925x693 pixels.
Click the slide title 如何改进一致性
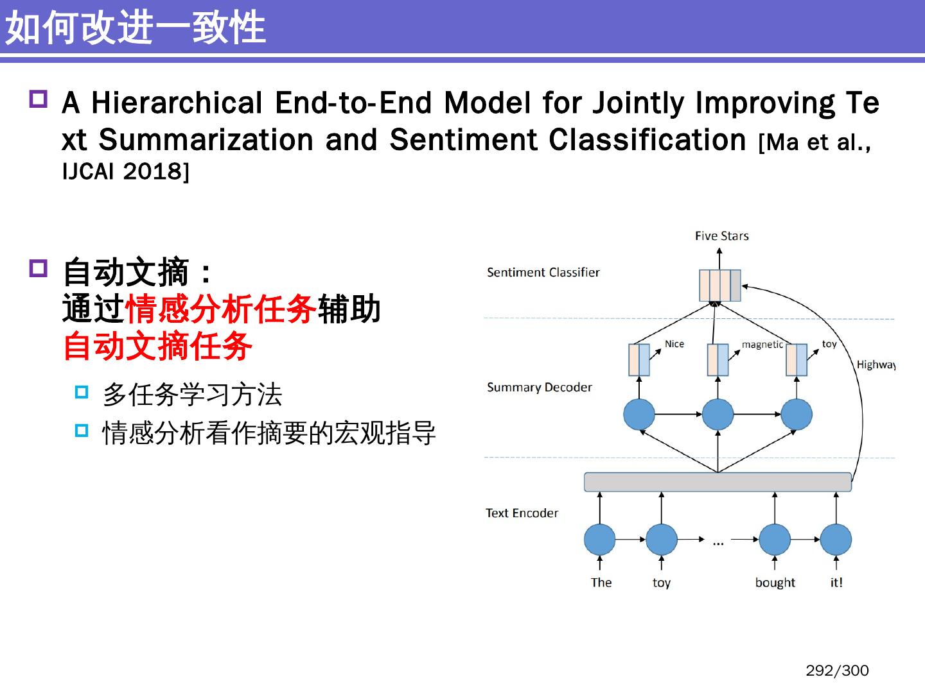pos(136,28)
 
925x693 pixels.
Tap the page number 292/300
pos(836,671)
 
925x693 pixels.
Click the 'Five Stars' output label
pos(721,236)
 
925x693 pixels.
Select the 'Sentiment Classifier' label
pos(543,273)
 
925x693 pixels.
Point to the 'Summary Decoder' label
pos(539,388)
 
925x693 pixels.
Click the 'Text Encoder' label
pos(522,513)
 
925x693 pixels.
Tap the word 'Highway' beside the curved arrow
pos(876,364)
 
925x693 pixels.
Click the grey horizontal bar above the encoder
pos(718,482)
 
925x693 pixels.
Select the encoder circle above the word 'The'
pos(599,540)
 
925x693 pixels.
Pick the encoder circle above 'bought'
pos(775,540)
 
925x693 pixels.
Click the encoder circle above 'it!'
pos(836,540)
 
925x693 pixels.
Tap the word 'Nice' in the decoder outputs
pos(674,344)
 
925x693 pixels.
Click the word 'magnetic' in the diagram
pos(762,345)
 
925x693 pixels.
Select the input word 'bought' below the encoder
pos(775,583)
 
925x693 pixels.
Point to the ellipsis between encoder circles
pos(718,543)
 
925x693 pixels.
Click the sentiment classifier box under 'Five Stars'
pos(719,286)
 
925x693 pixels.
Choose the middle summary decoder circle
pos(718,415)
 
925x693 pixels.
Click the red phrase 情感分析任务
pos(221,309)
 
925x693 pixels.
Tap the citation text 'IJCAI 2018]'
pos(126,172)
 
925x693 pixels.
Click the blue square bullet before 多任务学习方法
pos(82,392)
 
